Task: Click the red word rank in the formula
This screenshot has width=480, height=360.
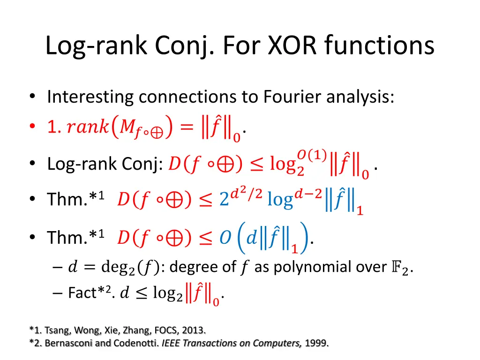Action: (x=88, y=127)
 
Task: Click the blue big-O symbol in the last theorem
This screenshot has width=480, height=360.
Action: (x=225, y=238)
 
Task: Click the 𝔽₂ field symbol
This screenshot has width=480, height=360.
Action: (x=405, y=268)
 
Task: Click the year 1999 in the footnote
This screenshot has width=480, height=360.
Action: (x=316, y=344)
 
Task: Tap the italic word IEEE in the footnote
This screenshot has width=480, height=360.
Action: (x=171, y=344)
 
